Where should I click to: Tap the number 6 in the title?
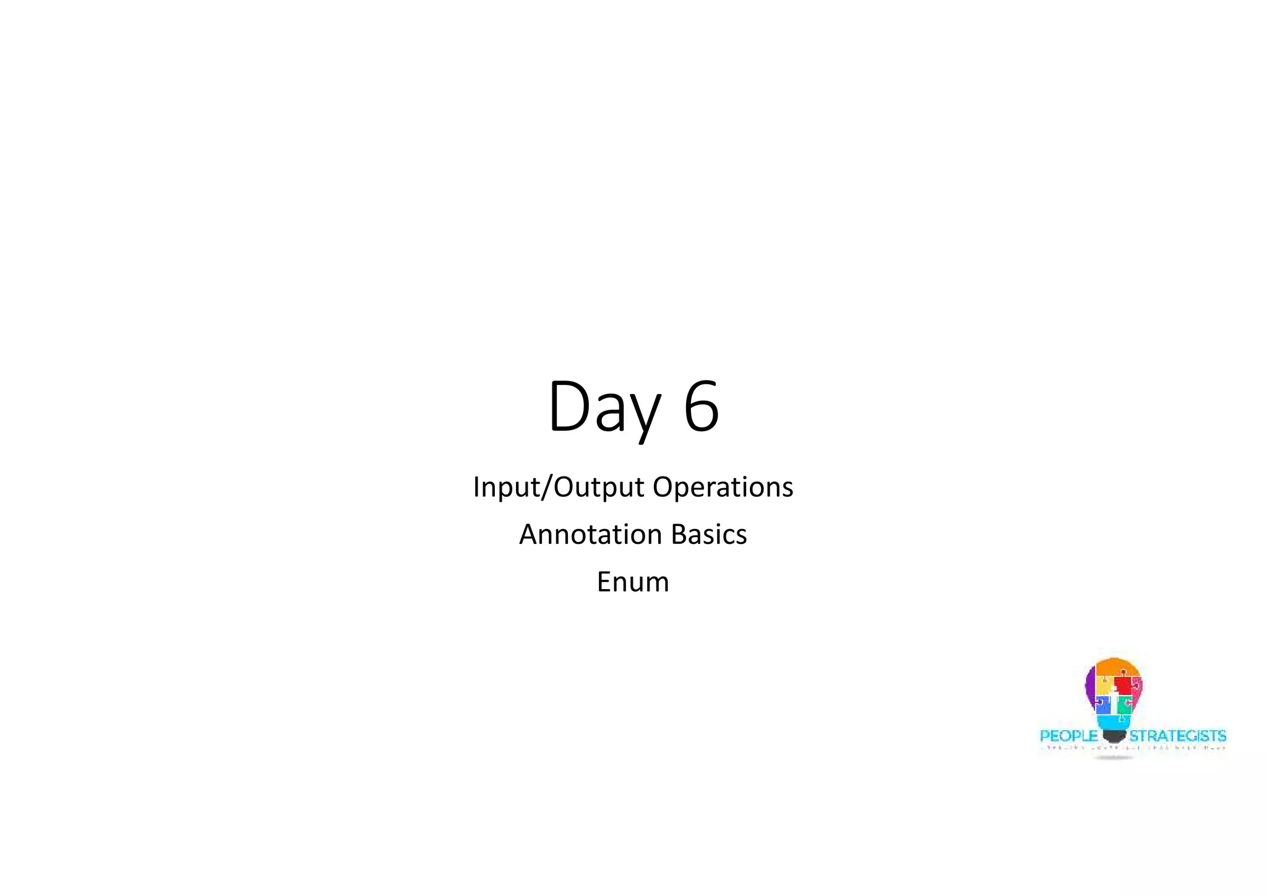coord(701,407)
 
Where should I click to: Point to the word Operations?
coord(723,487)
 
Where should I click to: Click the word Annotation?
coord(590,535)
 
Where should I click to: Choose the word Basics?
coord(709,535)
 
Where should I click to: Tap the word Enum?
coord(633,582)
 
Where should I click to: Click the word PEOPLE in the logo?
coord(1068,736)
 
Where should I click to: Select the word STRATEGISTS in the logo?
coord(1177,736)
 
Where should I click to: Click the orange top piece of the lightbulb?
coord(1114,667)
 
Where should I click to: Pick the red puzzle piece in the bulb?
coord(1127,685)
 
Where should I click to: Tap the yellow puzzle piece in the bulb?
coord(1104,685)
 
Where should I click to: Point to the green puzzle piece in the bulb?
coord(1125,704)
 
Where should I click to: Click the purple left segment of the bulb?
coord(1090,684)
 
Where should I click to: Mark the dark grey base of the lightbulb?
coord(1114,736)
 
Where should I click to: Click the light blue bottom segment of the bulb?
coord(1114,721)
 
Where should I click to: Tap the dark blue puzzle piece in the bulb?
coord(1102,704)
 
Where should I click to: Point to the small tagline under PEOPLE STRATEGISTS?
coord(1132,748)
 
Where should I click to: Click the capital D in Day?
coord(568,407)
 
